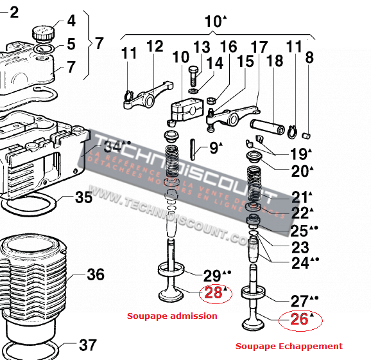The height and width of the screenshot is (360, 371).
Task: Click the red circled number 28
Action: (x=213, y=292)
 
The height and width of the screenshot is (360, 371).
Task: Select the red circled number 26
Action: (x=299, y=319)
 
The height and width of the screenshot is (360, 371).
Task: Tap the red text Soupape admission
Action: (x=172, y=316)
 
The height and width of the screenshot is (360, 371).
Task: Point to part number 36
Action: (x=95, y=275)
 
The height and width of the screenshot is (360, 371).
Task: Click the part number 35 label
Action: (x=83, y=197)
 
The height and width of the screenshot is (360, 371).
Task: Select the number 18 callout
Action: (x=274, y=61)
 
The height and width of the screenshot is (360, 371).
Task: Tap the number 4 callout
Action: (x=71, y=21)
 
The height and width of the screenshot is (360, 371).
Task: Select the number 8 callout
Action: (x=309, y=58)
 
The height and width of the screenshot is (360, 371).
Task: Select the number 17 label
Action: (x=259, y=47)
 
